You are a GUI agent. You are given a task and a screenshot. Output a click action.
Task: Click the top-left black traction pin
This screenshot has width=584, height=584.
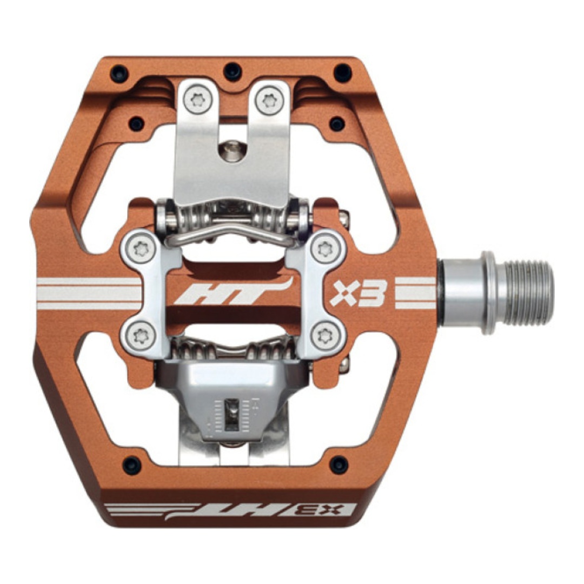click(x=120, y=73)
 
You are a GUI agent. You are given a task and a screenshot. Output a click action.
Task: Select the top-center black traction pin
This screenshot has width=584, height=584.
click(x=233, y=71)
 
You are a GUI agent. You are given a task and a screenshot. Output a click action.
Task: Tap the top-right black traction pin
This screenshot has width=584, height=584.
click(x=342, y=72)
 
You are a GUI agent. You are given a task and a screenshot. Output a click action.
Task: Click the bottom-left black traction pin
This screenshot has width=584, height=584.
click(x=132, y=465)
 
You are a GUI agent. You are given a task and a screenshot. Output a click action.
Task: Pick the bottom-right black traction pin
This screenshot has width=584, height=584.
click(x=339, y=464)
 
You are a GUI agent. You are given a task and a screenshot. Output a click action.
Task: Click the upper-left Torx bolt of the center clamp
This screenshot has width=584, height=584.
click(x=141, y=248)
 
